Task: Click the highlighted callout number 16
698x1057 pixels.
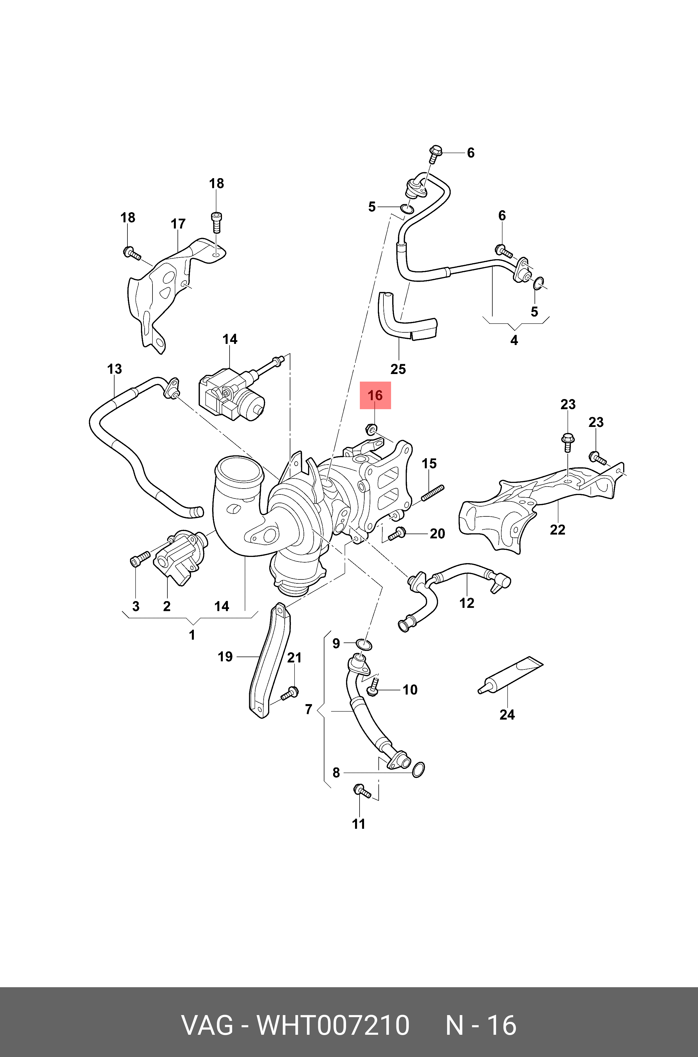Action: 375,395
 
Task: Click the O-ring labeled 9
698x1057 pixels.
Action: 364,644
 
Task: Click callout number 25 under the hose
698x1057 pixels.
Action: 398,369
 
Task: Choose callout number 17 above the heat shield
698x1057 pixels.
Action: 178,224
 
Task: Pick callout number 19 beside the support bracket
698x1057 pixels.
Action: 225,657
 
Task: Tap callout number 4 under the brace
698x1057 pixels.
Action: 514,340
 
